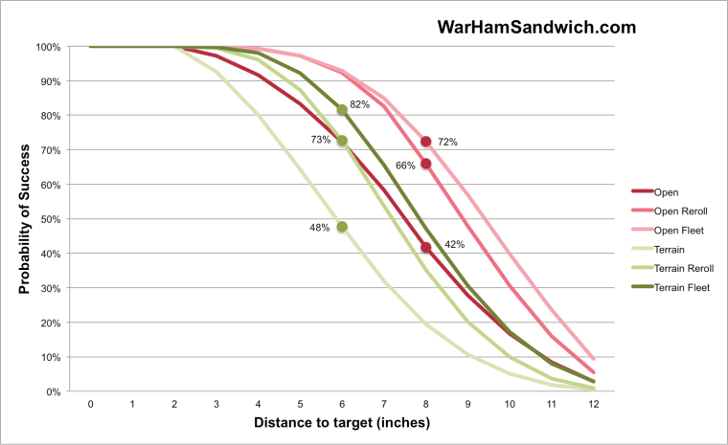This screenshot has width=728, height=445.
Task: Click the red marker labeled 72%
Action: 425,142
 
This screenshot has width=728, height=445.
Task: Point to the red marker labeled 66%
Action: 425,164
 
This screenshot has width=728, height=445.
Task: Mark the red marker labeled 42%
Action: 425,248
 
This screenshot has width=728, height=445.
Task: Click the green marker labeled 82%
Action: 342,109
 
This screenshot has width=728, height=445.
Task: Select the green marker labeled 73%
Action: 342,141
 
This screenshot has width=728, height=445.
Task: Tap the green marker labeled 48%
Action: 342,227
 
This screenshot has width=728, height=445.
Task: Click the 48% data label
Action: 320,228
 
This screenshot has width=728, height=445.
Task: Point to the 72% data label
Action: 447,143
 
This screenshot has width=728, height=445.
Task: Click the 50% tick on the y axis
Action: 50,219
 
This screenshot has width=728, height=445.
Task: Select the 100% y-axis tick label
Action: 48,47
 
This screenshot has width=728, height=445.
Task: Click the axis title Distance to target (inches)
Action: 341,423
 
